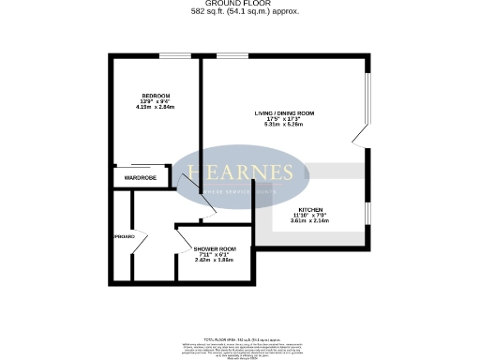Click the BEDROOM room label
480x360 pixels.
[x=155, y=96]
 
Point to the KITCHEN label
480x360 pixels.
[x=311, y=209]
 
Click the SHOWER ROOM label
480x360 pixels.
[x=212, y=248]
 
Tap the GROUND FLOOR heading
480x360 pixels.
[x=239, y=4]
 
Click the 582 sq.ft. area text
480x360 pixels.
[x=239, y=11]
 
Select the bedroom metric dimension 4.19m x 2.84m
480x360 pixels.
[x=155, y=108]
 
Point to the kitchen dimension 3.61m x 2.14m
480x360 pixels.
[x=311, y=222]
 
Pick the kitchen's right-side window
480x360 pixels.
[x=367, y=215]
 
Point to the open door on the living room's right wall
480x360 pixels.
[x=358, y=137]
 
